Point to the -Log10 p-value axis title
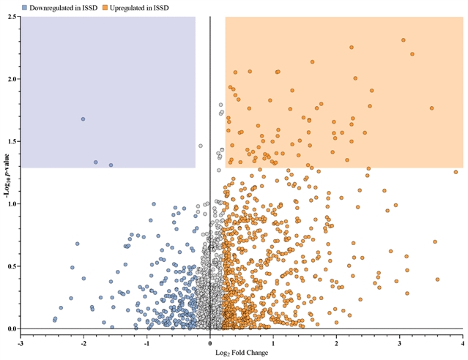pyautogui.click(x=6, y=173)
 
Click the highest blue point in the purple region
pyautogui.click(x=83, y=119)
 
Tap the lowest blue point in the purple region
pyautogui.click(x=111, y=165)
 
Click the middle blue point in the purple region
pyautogui.click(x=96, y=162)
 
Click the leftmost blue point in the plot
pyautogui.click(x=54, y=320)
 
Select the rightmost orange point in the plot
pyautogui.click(x=456, y=173)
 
